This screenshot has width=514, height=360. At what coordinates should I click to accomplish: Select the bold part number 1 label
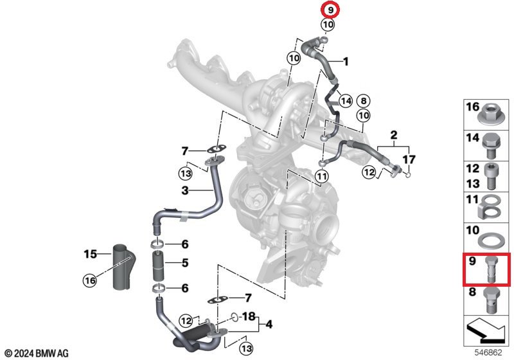click(x=346, y=62)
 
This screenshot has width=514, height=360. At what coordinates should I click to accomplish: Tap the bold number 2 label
click(x=393, y=136)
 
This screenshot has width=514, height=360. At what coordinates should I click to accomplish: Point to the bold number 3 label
click(x=184, y=190)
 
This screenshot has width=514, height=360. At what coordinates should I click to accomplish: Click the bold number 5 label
click(x=184, y=262)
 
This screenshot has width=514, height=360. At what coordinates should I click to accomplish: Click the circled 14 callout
click(x=346, y=101)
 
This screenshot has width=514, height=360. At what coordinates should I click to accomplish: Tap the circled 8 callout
click(x=363, y=101)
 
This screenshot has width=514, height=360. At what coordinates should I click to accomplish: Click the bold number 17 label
click(x=409, y=159)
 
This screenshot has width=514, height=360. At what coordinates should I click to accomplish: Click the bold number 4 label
click(x=269, y=325)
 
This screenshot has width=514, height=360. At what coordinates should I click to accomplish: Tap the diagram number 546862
click(x=492, y=353)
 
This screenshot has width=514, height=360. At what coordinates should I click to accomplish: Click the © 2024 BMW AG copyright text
click(x=36, y=353)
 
